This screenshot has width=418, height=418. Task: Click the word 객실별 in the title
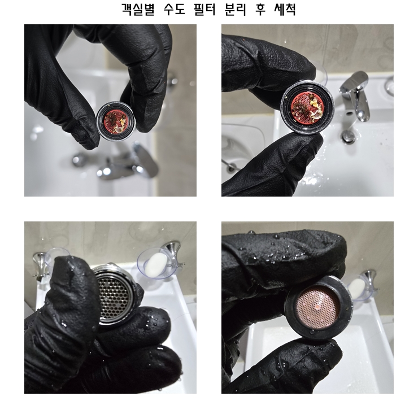(x=138, y=10)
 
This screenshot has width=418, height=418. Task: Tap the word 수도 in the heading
(x=174, y=10)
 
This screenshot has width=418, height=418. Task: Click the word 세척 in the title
(x=285, y=10)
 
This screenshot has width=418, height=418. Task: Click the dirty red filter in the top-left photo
(x=115, y=121)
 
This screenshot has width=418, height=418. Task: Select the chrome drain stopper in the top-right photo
(x=349, y=137)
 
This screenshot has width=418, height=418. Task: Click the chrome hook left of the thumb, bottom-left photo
(x=40, y=265)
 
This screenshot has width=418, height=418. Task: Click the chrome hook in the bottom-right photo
(x=369, y=280)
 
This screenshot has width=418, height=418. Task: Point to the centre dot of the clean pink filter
(x=317, y=307)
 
